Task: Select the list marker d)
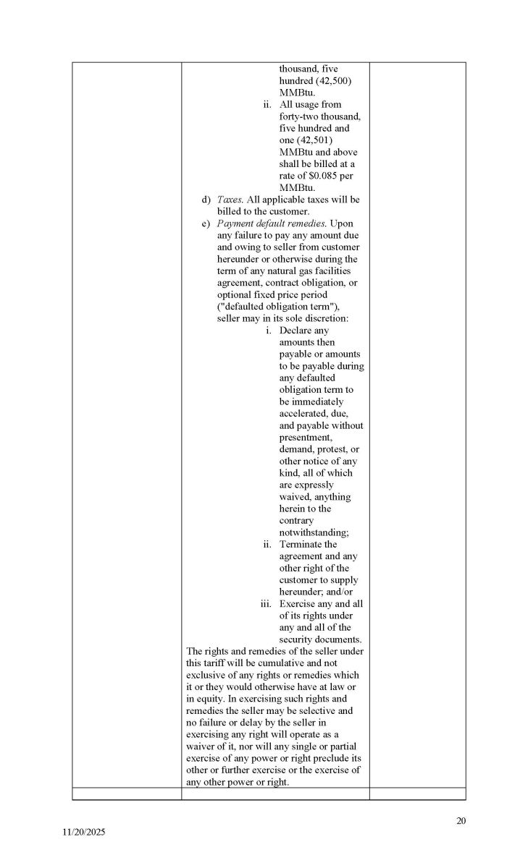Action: click(x=206, y=200)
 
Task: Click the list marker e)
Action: click(x=206, y=224)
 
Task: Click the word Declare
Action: click(x=297, y=331)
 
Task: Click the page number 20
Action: click(x=461, y=820)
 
